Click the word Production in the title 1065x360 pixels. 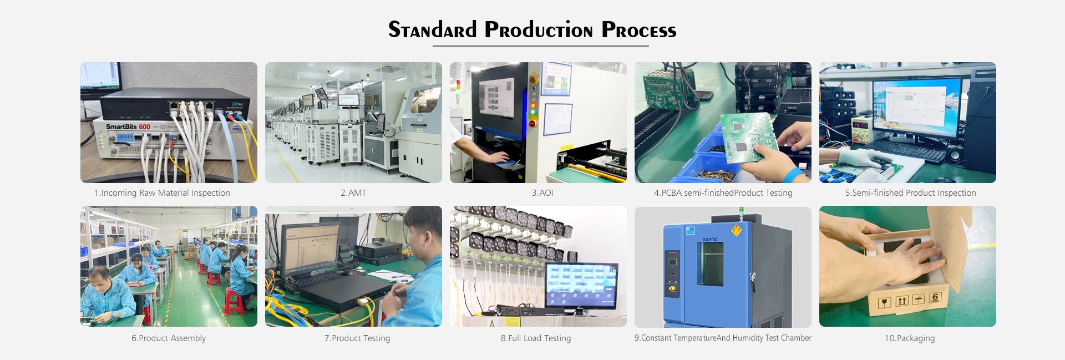(x=539, y=30)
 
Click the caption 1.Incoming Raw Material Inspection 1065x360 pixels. (x=162, y=193)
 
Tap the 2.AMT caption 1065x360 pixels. (x=353, y=193)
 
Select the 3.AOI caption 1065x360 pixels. (x=542, y=193)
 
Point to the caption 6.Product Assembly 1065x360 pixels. (x=169, y=338)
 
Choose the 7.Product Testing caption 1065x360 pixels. (x=357, y=338)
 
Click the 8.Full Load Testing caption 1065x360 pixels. (x=536, y=338)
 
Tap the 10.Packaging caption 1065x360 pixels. (x=910, y=338)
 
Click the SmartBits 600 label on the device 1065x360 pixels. (x=128, y=126)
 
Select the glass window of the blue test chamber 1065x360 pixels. (x=709, y=264)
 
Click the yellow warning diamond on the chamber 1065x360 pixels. (x=737, y=230)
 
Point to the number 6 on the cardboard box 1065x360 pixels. (x=935, y=297)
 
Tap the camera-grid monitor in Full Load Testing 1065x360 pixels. (x=581, y=286)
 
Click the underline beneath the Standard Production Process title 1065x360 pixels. (x=541, y=46)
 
